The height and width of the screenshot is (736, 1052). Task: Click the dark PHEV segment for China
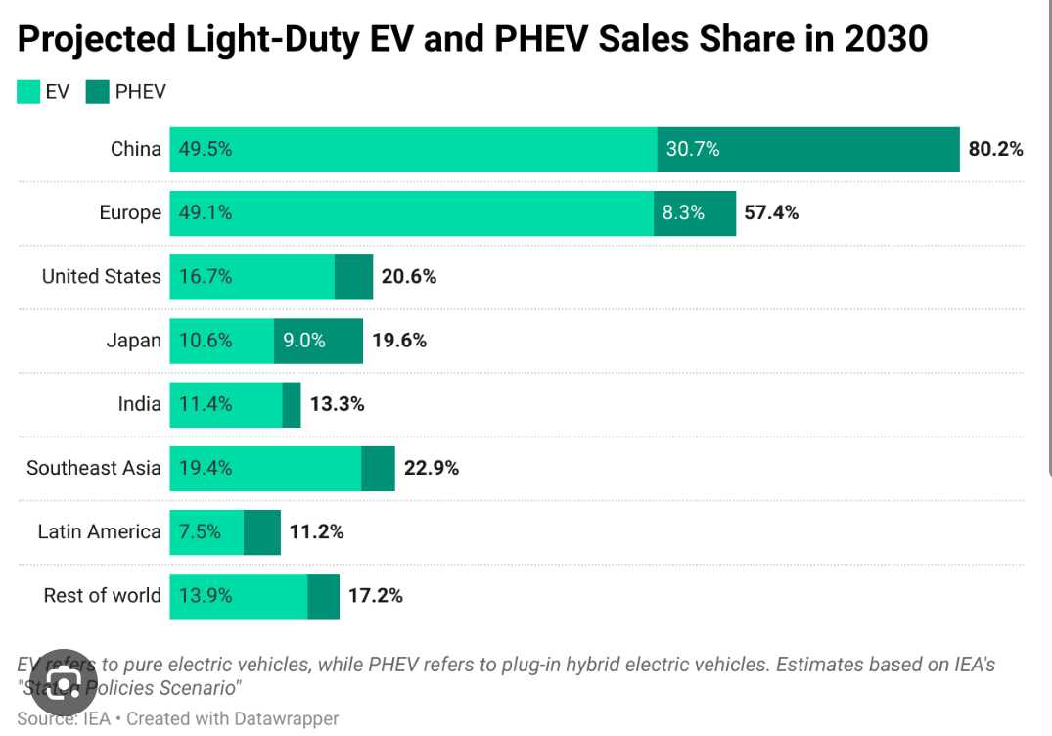pos(808,150)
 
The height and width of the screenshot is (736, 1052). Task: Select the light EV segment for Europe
pos(411,213)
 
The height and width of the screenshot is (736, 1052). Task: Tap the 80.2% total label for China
pos(996,150)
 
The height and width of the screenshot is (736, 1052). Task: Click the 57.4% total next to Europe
pos(771,213)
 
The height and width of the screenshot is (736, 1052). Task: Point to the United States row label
pos(101,277)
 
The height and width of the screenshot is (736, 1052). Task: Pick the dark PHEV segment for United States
pos(353,277)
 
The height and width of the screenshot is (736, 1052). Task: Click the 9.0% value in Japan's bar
pos(303,341)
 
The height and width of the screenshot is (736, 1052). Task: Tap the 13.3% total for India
pos(338,404)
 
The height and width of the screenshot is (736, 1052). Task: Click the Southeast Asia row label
pos(93,468)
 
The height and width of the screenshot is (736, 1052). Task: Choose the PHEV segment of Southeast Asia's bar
pos(378,468)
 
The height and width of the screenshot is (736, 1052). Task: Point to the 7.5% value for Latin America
pos(200,531)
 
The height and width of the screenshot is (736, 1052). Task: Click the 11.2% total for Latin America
pos(316,531)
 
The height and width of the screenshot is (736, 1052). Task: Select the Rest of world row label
pos(102,595)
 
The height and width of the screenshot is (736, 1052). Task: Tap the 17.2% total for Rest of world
pos(375,595)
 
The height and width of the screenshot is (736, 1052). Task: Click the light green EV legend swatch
pos(28,92)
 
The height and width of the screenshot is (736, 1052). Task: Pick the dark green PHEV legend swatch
pos(97,92)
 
